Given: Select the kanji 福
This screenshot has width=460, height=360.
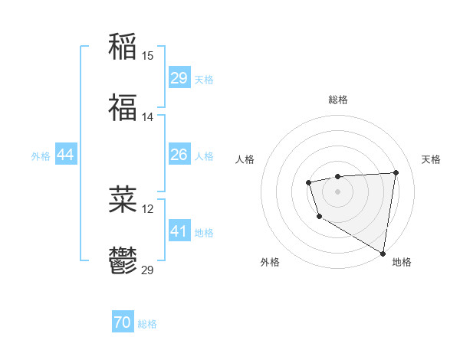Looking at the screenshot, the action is (123, 108).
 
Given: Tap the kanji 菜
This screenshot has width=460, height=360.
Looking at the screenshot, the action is (123, 200).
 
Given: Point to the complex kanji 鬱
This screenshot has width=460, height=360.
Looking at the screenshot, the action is (123, 262).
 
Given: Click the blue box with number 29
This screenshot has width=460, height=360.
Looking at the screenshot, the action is (179, 78).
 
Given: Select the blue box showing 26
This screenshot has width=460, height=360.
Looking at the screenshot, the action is (179, 155).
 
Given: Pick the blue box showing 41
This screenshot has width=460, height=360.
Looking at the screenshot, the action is (179, 231).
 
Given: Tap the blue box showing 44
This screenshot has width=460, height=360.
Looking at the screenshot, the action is (66, 155).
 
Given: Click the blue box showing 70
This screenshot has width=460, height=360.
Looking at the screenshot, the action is (123, 322).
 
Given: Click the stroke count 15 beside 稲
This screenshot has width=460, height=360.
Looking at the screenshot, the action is (148, 55).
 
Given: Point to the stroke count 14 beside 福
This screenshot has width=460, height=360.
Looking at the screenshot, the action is (148, 117).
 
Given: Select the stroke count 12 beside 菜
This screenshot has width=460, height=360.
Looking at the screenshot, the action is (148, 209).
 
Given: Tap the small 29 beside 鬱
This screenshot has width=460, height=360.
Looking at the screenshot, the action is (148, 270).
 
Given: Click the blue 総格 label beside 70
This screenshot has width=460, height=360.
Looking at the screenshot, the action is (147, 324).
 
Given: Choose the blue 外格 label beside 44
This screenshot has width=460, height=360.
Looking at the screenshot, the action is (41, 156).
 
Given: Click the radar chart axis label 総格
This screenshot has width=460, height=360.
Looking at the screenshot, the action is (337, 100).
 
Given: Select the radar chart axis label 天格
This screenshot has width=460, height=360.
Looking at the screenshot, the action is (431, 159).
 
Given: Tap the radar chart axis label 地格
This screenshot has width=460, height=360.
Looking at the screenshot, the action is (402, 262).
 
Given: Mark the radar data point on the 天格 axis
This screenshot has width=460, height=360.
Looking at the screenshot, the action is (396, 172).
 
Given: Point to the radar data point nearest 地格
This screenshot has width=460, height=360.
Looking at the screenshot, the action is (383, 254).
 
